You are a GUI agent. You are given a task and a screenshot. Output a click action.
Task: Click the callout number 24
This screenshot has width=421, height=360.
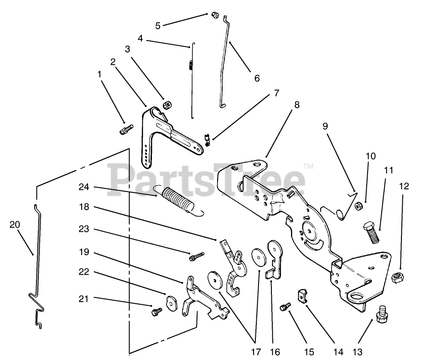[83, 187]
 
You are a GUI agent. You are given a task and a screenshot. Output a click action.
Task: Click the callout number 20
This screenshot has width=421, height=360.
[15, 224]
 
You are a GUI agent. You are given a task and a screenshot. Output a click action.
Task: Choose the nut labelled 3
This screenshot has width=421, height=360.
[167, 106]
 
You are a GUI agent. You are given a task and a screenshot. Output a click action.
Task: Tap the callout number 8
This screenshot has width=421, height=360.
[297, 104]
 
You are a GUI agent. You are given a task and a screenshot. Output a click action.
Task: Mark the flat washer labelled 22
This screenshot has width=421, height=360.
[172, 303]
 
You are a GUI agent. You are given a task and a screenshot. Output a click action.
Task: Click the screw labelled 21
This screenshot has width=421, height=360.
[156, 311]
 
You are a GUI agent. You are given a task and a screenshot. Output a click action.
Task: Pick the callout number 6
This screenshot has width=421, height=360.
[257, 78]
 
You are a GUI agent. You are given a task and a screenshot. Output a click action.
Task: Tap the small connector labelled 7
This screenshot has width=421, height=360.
[208, 138]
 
